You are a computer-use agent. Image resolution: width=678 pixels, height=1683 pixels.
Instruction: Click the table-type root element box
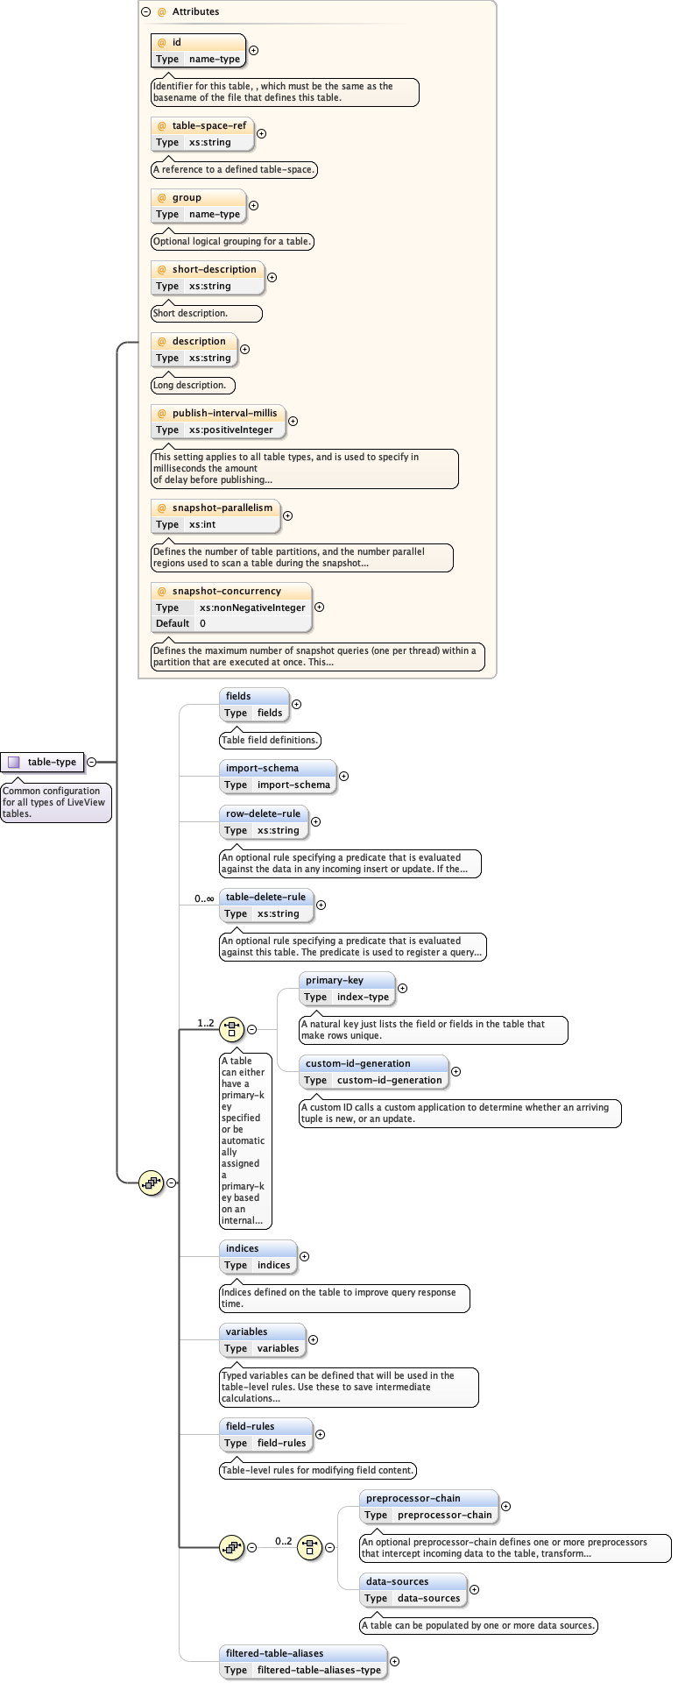pyautogui.click(x=43, y=762)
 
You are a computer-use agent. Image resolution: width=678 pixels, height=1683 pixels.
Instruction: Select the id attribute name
pyautogui.click(x=176, y=42)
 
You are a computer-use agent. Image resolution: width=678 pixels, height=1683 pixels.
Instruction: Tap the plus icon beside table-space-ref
pyautogui.click(x=261, y=134)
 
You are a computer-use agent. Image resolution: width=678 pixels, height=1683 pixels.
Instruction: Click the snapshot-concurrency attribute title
pyautogui.click(x=226, y=591)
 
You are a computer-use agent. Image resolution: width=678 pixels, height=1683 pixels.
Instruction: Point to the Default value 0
pyautogui.click(x=202, y=623)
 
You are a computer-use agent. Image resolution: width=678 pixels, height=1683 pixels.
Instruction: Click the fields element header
pyautogui.click(x=238, y=696)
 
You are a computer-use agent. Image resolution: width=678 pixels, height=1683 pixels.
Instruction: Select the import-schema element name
pyautogui.click(x=262, y=768)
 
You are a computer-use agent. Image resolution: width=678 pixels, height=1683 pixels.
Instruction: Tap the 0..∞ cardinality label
pyautogui.click(x=204, y=898)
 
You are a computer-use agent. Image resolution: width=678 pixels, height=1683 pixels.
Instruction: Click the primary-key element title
pyautogui.click(x=334, y=980)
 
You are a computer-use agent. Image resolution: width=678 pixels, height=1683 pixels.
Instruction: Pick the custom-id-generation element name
pyautogui.click(x=357, y=1063)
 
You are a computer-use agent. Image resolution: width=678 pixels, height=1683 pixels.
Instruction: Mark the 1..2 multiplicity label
pyautogui.click(x=206, y=1023)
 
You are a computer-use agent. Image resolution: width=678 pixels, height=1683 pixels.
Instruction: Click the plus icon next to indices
pyautogui.click(x=304, y=1256)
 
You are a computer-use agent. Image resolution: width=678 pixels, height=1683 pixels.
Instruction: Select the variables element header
pyautogui.click(x=246, y=1331)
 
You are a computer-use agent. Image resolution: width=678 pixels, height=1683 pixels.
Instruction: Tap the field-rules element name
pyautogui.click(x=250, y=1426)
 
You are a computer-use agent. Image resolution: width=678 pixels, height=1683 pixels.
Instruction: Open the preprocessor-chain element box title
pyautogui.click(x=413, y=1498)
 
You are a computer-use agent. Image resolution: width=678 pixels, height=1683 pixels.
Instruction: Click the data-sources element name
pyautogui.click(x=397, y=1581)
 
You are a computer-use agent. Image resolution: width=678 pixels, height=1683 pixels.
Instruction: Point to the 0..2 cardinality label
pyautogui.click(x=284, y=1541)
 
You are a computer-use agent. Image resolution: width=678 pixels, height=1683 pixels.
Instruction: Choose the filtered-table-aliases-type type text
pyautogui.click(x=319, y=1670)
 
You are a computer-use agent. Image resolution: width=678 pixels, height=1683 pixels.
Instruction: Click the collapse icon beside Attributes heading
pyautogui.click(x=145, y=11)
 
